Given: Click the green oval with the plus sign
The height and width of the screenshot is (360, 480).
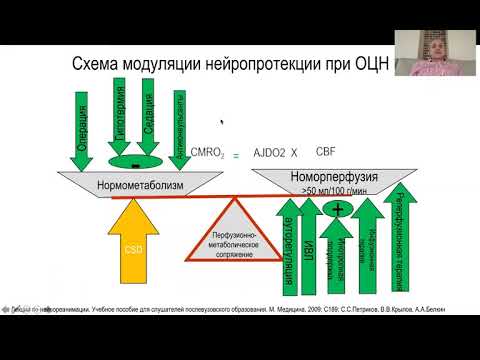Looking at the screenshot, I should coord(337,208).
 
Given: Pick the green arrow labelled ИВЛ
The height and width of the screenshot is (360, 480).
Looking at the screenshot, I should coord(310,240).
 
